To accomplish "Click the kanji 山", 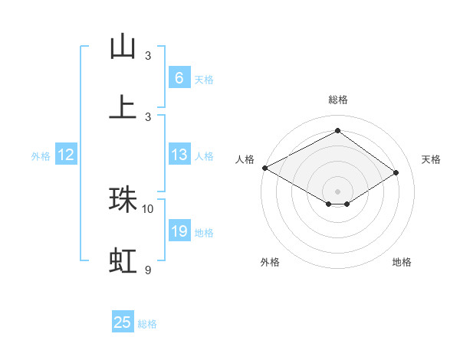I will tap(123, 47).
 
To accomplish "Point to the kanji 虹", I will tap(123, 260).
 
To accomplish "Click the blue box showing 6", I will tap(179, 78).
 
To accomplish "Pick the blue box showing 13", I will tap(179, 155).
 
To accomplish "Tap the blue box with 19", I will tap(179, 231).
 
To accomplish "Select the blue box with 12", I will tap(66, 155).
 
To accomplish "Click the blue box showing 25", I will tap(123, 322).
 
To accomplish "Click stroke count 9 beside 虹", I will tap(148, 270).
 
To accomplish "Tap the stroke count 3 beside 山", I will tap(148, 55).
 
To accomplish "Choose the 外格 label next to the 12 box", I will tap(41, 155).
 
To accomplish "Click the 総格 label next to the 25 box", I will tap(147, 323).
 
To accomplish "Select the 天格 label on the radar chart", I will tap(432, 159).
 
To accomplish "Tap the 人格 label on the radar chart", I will tap(245, 159).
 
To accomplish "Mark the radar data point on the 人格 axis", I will tap(264, 168).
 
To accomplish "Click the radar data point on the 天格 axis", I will tap(396, 173).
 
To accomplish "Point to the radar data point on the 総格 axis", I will tap(337, 131).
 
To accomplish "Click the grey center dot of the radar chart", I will tap(337, 191).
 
